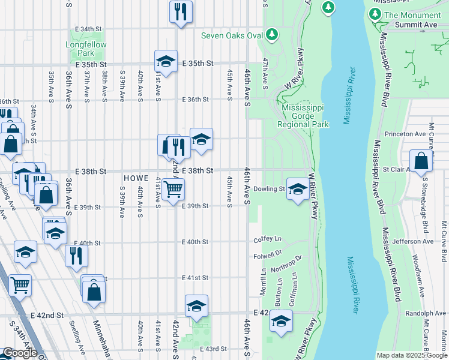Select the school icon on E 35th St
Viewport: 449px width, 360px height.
pos(166,61)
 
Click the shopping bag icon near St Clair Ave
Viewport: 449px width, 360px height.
pos(421,161)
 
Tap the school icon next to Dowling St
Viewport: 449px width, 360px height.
pos(297,190)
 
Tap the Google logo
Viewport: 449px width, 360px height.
pos(20,353)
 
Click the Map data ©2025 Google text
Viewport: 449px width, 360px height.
pos(412,355)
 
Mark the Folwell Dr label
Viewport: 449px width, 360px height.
pos(267,254)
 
